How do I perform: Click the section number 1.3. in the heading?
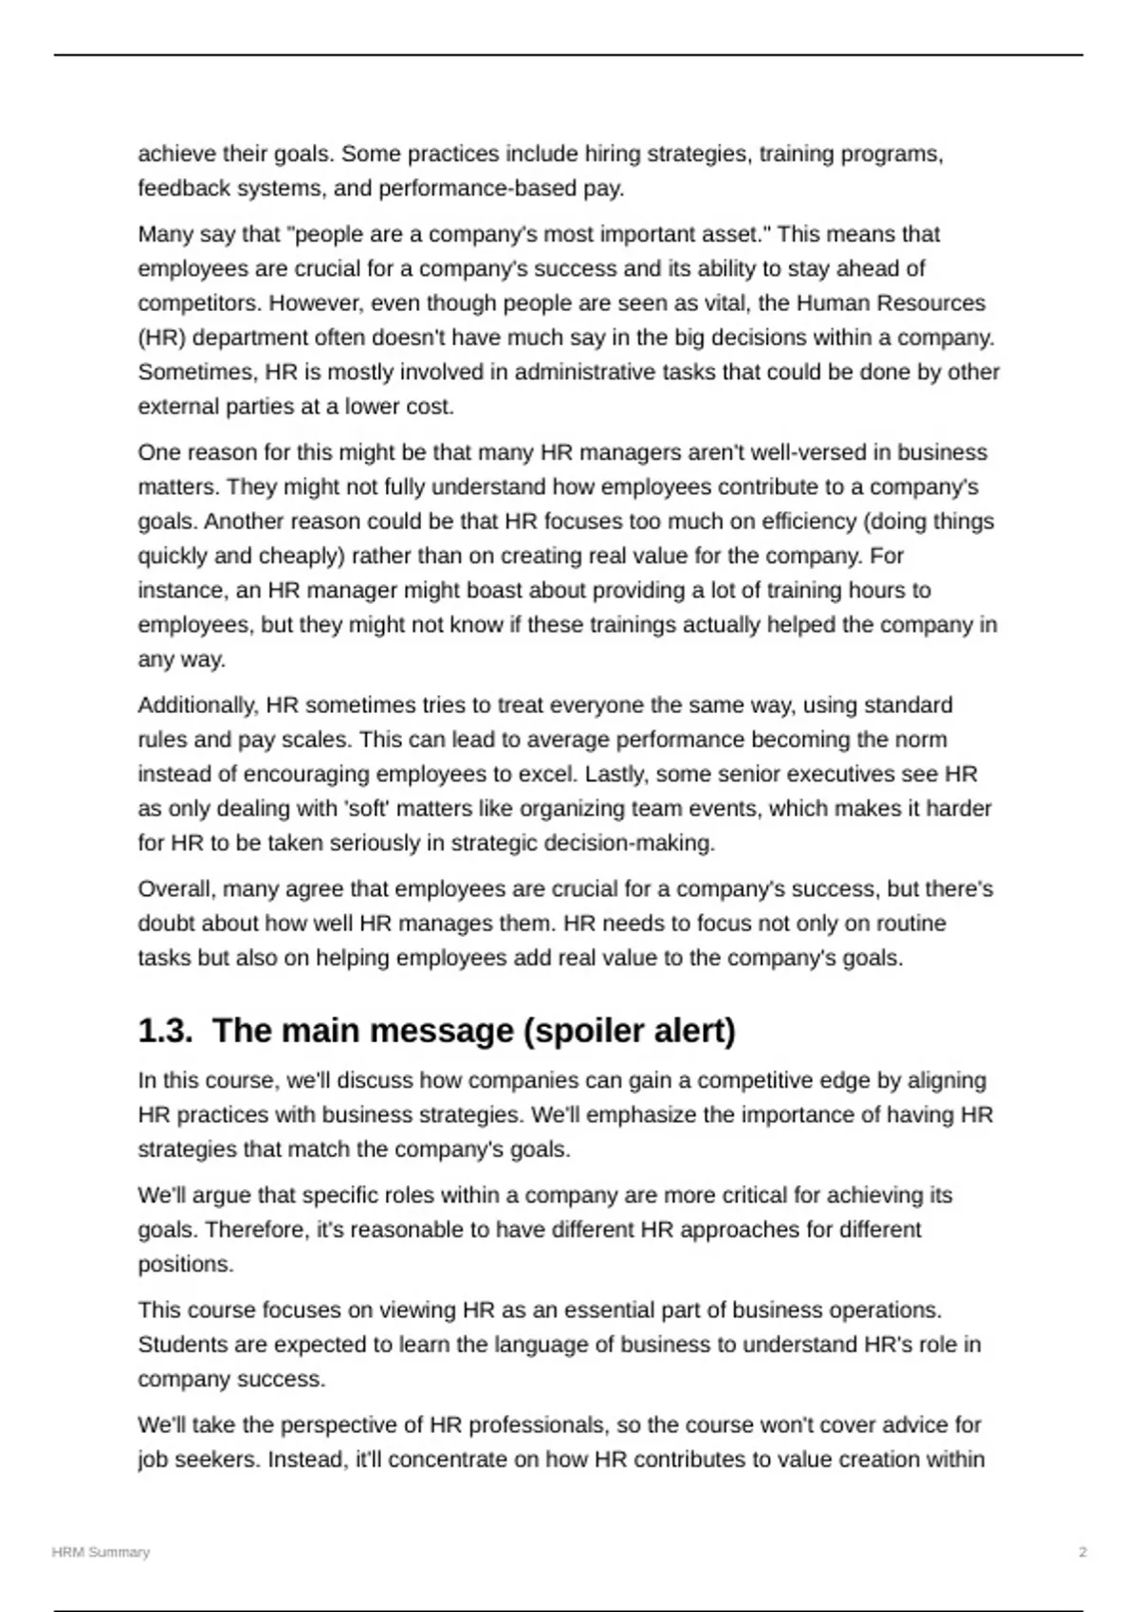tap(165, 1031)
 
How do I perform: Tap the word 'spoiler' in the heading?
tap(577, 1031)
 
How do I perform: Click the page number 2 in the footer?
tap(1082, 1552)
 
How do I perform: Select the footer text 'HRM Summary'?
tap(101, 1552)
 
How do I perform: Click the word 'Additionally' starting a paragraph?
tap(197, 705)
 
